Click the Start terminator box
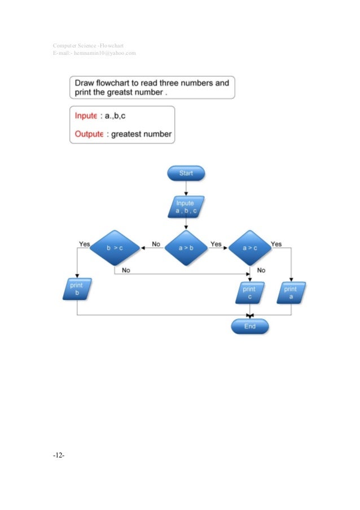click(186, 173)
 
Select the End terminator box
click(250, 326)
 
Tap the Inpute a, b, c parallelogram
click(186, 207)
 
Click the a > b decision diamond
click(186, 247)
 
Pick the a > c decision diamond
click(249, 247)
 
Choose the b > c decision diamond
click(115, 247)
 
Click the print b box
click(76, 289)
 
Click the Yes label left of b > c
click(84, 244)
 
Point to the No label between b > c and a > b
click(156, 244)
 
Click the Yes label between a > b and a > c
click(216, 244)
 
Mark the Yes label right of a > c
click(276, 244)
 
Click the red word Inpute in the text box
click(86, 116)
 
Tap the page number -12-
click(59, 455)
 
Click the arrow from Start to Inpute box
click(186, 188)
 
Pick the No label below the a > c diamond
click(261, 271)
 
